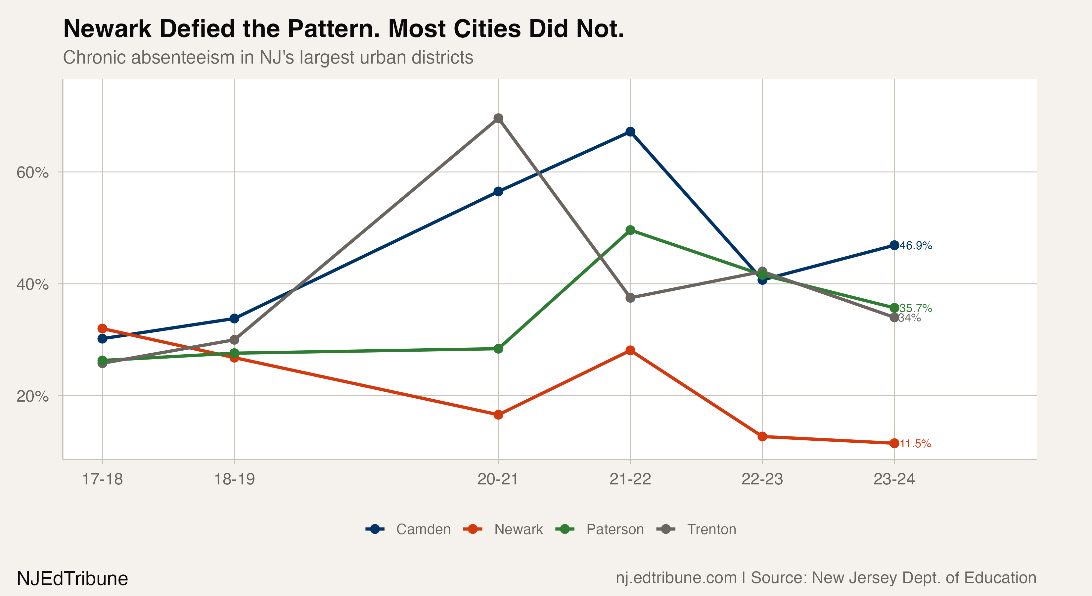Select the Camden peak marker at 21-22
(x=630, y=132)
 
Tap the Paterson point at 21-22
(x=630, y=230)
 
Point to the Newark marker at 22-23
(x=762, y=436)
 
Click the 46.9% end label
(x=916, y=246)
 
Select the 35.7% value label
(x=916, y=308)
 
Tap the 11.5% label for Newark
(x=915, y=444)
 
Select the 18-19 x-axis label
(x=234, y=479)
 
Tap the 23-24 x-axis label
(x=894, y=479)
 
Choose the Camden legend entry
(x=423, y=529)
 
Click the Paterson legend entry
(x=615, y=529)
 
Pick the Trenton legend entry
(x=711, y=529)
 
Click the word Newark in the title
(x=107, y=29)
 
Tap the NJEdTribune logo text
(x=72, y=578)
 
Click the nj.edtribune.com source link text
(x=676, y=578)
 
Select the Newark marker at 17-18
(x=102, y=329)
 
